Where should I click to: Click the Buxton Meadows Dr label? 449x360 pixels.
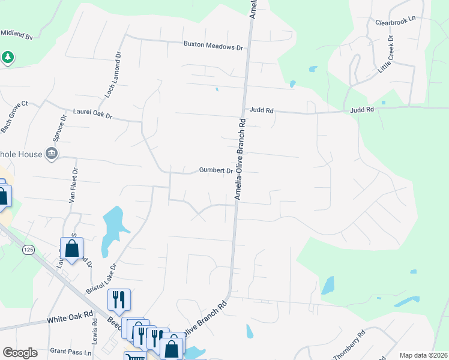tap(213, 46)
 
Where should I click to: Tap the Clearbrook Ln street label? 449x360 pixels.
tap(395, 22)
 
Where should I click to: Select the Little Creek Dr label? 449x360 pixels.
tap(385, 55)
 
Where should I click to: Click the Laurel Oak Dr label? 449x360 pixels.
tap(92, 112)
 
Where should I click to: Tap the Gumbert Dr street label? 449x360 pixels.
tap(216, 171)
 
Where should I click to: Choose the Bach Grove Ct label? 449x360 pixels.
tap(14, 117)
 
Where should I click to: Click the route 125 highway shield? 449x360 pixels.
tap(26, 248)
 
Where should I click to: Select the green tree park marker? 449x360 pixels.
tap(7, 58)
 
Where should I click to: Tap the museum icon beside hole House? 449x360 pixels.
tap(52, 154)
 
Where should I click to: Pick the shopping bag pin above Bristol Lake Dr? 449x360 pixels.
tap(71, 248)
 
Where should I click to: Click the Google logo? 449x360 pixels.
tap(20, 353)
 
